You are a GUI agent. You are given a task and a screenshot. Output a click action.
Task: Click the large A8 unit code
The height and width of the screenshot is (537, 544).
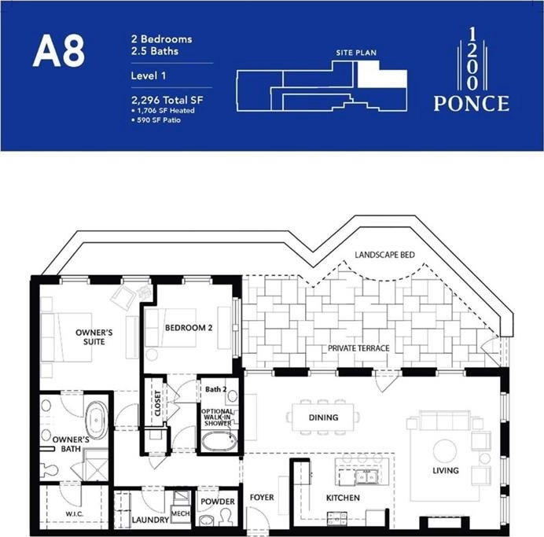pyautogui.click(x=59, y=51)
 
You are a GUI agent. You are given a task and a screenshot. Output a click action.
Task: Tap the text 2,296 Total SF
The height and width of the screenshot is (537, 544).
pyautogui.click(x=167, y=101)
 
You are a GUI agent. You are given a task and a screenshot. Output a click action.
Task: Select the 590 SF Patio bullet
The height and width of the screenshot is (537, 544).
pyautogui.click(x=156, y=120)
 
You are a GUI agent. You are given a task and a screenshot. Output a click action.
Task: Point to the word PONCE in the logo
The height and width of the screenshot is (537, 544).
pyautogui.click(x=472, y=103)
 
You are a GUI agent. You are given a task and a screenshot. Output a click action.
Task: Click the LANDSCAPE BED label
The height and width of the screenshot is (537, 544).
pyautogui.click(x=384, y=255)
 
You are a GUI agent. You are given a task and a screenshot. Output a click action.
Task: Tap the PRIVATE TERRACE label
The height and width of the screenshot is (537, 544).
pyautogui.click(x=358, y=348)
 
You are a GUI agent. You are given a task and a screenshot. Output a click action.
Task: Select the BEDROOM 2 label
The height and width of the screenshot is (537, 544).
pyautogui.click(x=189, y=328)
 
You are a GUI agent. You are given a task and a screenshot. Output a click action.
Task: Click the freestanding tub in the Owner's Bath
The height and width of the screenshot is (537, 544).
pyautogui.click(x=96, y=420)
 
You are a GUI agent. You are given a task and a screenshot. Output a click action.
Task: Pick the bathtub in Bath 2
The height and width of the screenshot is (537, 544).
pyautogui.click(x=219, y=442)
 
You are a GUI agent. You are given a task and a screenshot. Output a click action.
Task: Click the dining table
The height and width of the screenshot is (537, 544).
pyautogui.click(x=323, y=417)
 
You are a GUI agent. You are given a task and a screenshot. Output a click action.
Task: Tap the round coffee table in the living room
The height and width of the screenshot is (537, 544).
pyautogui.click(x=445, y=451)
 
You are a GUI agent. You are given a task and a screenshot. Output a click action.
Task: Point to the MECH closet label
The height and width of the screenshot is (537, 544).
pyautogui.click(x=180, y=513)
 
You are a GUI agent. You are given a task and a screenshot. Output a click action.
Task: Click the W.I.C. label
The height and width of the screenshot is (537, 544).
pyautogui.click(x=74, y=514)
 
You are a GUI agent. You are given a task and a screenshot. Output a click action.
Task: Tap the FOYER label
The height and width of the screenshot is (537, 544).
pyautogui.click(x=262, y=498)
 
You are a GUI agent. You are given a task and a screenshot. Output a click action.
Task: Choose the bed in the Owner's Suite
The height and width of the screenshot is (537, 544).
pyautogui.click(x=66, y=337)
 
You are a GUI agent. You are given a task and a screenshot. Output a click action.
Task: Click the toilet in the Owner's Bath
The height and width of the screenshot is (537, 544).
pyautogui.click(x=49, y=470)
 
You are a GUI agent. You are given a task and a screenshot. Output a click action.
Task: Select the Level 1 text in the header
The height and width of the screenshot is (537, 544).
pyautogui.click(x=149, y=75)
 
